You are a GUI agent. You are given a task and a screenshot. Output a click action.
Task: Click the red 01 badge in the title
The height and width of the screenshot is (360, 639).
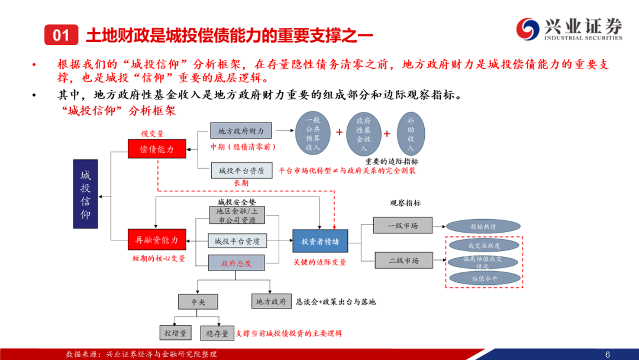[62, 36]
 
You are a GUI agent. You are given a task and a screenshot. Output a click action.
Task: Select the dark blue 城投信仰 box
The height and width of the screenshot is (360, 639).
[86, 194]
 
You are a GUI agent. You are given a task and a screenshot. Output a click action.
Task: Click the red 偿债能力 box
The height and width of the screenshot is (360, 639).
[157, 149]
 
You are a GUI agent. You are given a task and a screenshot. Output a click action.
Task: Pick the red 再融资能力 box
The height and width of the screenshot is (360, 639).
[157, 239]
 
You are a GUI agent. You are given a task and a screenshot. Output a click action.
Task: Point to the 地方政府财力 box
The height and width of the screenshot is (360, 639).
[241, 131]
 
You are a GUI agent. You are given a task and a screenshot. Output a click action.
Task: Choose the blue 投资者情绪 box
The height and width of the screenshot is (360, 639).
[320, 240]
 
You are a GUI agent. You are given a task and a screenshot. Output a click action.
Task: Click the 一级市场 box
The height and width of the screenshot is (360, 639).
[402, 226]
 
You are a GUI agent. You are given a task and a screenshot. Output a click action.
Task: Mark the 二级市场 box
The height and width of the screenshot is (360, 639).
[402, 261]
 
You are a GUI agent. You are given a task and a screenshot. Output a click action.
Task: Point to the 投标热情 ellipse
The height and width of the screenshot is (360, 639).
[483, 226]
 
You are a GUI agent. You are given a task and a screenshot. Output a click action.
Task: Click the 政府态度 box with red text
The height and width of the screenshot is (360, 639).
[236, 263]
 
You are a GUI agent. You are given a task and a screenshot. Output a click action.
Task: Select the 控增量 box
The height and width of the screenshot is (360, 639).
[176, 333]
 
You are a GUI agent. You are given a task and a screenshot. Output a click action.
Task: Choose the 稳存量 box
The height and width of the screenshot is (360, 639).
[217, 333]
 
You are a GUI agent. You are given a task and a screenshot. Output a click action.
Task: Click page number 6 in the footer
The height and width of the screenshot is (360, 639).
[608, 353]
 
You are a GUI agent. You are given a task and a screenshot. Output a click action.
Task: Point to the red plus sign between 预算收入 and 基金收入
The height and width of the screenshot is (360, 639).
[339, 133]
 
